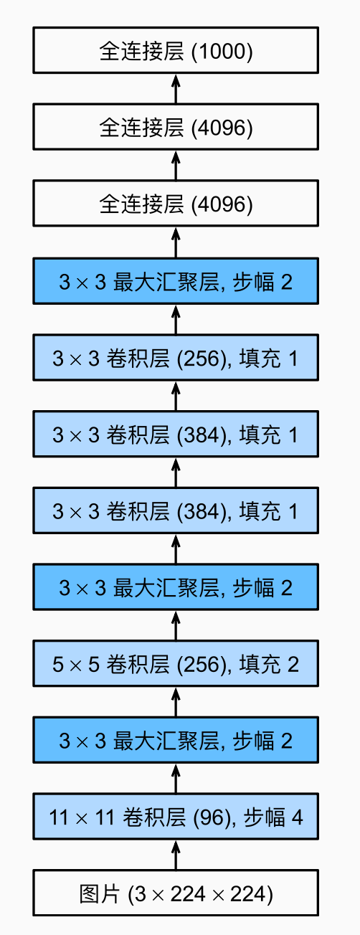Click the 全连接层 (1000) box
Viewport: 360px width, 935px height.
point(176,50)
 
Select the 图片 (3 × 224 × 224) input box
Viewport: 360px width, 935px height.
point(176,893)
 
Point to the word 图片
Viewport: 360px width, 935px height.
point(100,893)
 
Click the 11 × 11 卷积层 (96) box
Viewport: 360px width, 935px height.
point(176,817)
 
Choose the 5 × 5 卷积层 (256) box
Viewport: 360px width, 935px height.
point(176,663)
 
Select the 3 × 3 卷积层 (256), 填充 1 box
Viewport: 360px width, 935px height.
point(176,357)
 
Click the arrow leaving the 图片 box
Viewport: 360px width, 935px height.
point(176,855)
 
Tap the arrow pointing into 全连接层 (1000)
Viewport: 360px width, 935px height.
point(176,88)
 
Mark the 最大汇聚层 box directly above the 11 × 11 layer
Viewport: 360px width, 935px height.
point(176,740)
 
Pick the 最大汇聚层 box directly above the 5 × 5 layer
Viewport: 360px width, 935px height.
point(176,587)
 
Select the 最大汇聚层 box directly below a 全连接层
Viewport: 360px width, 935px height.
point(176,281)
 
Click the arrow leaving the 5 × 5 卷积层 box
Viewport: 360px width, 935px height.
point(176,625)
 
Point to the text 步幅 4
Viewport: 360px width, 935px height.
point(273,817)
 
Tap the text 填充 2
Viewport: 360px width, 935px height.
point(269,664)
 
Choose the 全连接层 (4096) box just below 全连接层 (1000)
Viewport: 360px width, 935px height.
point(176,126)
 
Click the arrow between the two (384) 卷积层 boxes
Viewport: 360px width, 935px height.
point(176,472)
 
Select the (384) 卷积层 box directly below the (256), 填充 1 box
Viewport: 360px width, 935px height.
point(176,434)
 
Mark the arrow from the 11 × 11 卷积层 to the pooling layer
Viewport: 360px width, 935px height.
point(176,779)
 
